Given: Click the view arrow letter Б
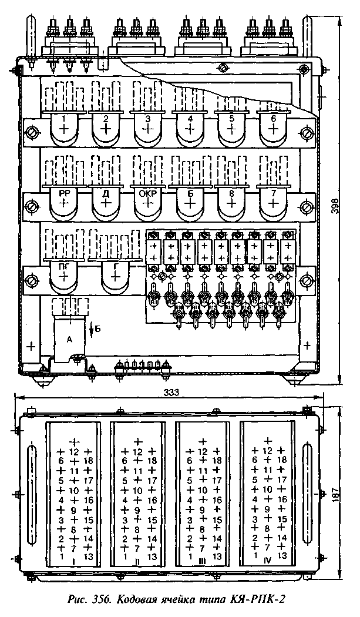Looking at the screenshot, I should (x=98, y=330).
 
